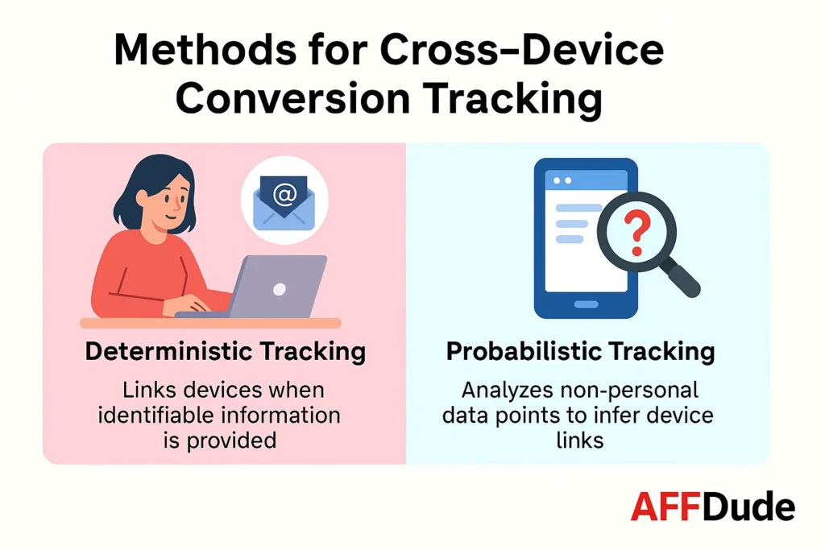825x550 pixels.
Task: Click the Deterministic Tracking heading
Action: pos(225,352)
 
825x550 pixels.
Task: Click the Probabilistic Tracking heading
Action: pos(581,352)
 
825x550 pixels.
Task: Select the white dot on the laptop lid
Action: pos(279,288)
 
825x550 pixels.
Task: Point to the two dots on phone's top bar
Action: pos(561,179)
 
